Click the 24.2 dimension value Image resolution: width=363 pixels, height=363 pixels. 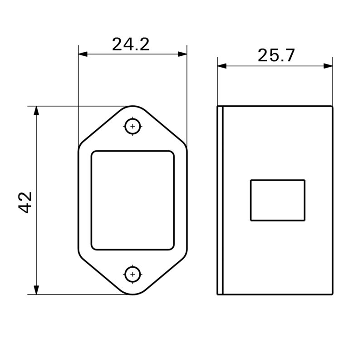(131, 44)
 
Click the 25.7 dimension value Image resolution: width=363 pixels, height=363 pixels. (276, 55)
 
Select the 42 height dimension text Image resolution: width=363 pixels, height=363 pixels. (25, 202)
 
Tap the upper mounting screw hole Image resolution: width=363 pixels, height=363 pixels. (132, 126)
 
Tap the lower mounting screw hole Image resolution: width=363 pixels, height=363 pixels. (132, 274)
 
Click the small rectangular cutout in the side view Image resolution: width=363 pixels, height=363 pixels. (277, 200)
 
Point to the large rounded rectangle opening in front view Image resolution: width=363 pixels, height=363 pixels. (132, 200)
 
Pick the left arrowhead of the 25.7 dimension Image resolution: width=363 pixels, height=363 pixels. (221, 66)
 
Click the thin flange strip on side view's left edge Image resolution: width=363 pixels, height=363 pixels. (220, 200)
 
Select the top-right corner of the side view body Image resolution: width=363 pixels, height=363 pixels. (333, 107)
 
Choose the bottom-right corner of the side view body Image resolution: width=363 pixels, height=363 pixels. (333, 294)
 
